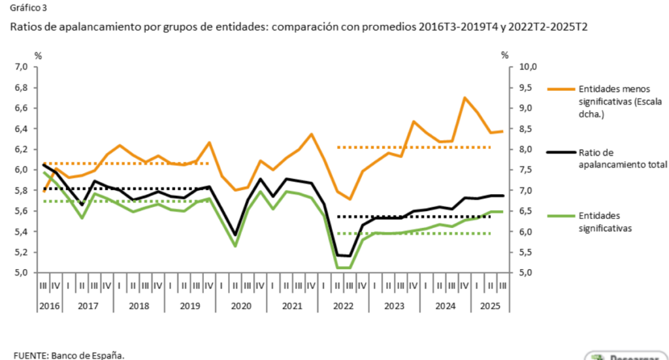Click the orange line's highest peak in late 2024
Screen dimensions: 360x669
click(x=464, y=98)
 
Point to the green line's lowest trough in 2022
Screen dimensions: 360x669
click(x=344, y=268)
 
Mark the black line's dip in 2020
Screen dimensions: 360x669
click(x=235, y=235)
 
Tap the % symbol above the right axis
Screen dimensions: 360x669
click(x=504, y=56)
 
